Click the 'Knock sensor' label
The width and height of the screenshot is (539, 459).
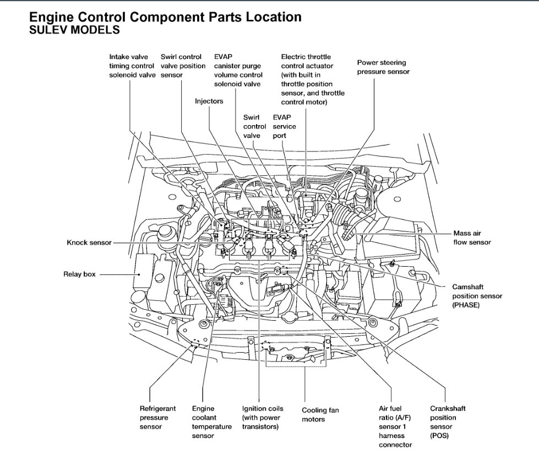tap(89, 242)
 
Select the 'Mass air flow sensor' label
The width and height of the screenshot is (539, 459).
tap(472, 237)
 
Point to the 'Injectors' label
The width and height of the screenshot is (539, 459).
tap(209, 101)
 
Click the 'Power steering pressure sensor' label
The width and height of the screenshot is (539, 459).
tap(383, 68)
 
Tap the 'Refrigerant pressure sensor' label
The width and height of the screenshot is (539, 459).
tap(157, 417)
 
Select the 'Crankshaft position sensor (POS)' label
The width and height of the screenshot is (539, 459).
tap(448, 422)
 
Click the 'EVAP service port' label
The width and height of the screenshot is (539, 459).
tap(284, 126)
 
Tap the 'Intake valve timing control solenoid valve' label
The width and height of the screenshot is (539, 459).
tap(132, 66)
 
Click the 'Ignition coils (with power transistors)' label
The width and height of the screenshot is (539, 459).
tap(263, 417)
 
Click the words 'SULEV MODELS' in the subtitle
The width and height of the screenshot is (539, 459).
tap(74, 31)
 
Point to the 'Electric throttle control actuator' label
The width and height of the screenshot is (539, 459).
tap(313, 79)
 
